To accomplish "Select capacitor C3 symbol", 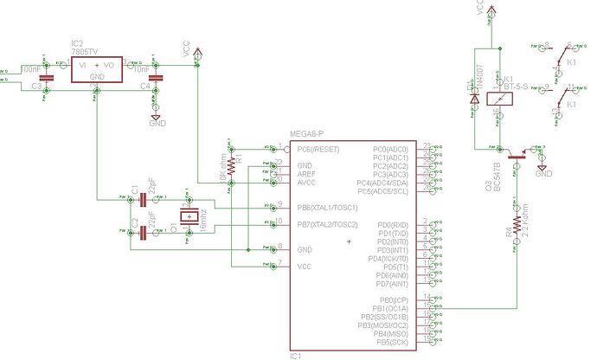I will pos(47,79).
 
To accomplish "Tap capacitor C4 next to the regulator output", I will pos(156,79).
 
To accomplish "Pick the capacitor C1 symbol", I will pos(144,200).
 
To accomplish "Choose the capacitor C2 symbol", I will pos(144,232).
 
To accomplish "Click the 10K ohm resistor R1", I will pos(231,165).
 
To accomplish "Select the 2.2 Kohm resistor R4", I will pos(517,225).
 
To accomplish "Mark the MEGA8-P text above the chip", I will pos(309,134).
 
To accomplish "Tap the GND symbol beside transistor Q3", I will pos(543,169).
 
